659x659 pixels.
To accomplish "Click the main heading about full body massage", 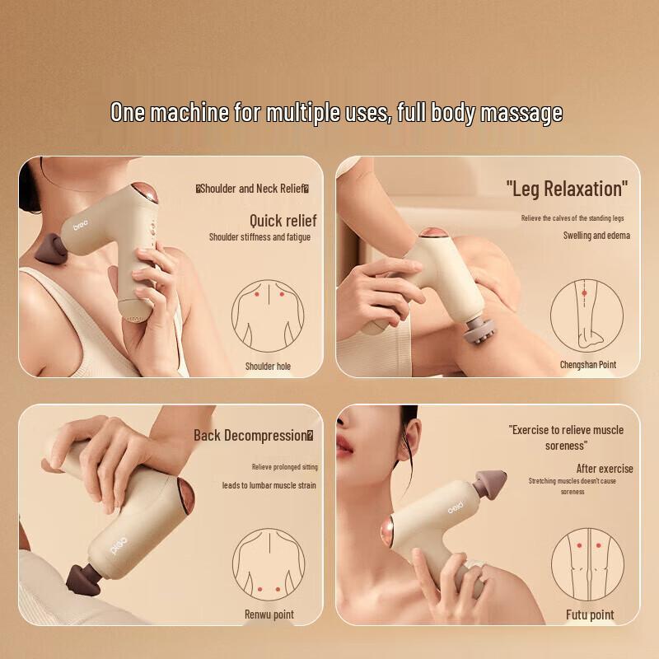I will tap(336, 112).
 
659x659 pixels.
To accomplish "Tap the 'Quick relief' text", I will tap(283, 221).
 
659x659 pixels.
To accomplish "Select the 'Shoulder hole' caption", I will tap(268, 366).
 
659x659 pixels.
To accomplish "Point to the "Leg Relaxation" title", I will tap(566, 189).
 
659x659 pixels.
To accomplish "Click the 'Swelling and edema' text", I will tap(596, 236).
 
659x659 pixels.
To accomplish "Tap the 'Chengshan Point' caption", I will tap(587, 364).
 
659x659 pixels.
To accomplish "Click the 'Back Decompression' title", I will tap(253, 435).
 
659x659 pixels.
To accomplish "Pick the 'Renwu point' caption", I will tap(269, 615).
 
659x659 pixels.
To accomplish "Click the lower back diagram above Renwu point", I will tap(268, 565).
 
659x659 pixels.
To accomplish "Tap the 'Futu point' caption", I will tap(590, 615).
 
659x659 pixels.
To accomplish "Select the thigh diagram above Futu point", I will tap(587, 563).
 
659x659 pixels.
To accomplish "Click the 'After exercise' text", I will tap(604, 469).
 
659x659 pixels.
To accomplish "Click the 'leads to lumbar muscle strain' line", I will tap(269, 485).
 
